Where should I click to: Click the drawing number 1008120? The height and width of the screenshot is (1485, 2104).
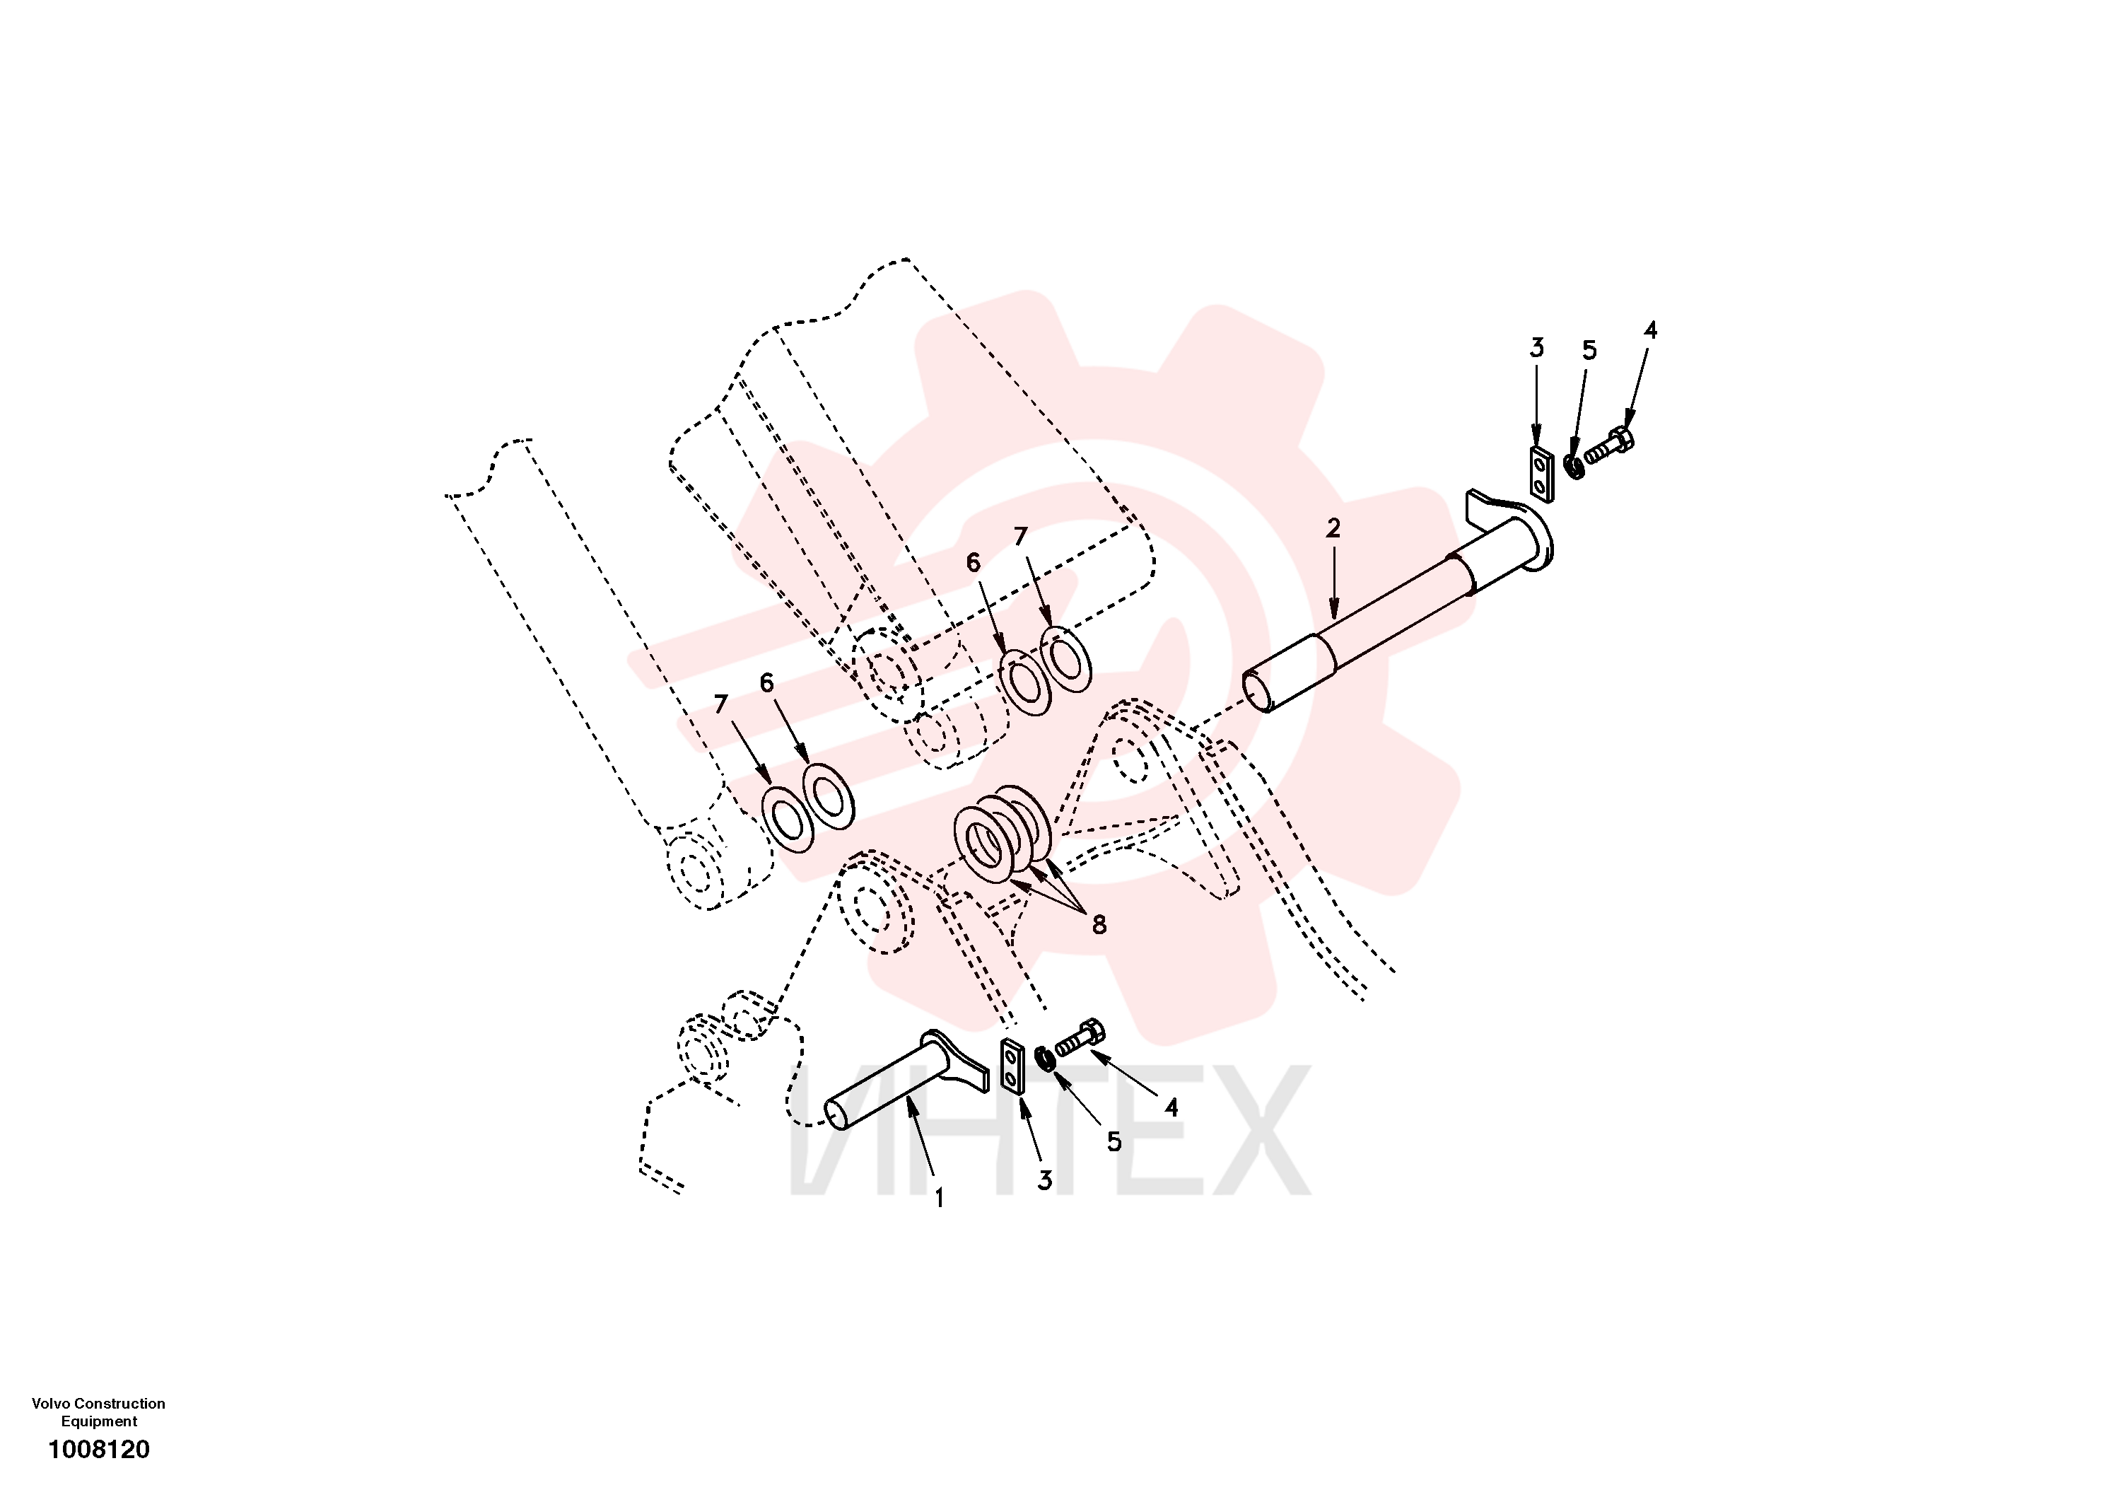pos(99,1449)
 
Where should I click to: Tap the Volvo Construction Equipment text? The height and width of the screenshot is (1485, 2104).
pos(99,1413)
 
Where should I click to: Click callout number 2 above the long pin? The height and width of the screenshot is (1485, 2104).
pos(1333,528)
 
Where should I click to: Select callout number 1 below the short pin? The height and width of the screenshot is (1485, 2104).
pos(938,1198)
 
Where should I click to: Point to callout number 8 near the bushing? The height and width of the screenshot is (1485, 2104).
pos(1099,925)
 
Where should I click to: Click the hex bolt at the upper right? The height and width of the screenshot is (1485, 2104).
pos(1610,446)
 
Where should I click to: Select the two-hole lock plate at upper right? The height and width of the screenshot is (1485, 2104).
pos(1541,474)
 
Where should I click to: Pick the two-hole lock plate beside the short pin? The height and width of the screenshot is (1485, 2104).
pos(1011,1068)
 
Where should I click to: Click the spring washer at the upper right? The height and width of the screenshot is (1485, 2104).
pos(1574,466)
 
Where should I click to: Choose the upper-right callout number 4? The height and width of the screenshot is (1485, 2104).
pos(1650,330)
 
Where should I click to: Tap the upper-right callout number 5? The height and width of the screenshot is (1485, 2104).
pos(1589,350)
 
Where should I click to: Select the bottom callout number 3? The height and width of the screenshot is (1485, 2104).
pos(1045,1181)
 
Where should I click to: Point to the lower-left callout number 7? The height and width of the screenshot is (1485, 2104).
pos(721,704)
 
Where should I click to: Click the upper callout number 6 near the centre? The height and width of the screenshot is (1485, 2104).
pos(974,562)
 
